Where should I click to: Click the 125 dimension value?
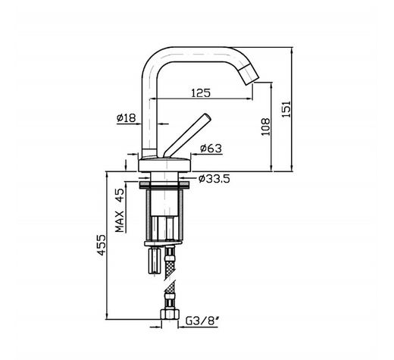(x=200, y=92)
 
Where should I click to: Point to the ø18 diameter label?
(x=126, y=118)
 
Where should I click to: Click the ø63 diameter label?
(x=210, y=148)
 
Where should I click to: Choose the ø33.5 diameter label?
(x=213, y=179)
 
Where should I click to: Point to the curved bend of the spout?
(x=156, y=57)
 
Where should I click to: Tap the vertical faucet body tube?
(x=149, y=114)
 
